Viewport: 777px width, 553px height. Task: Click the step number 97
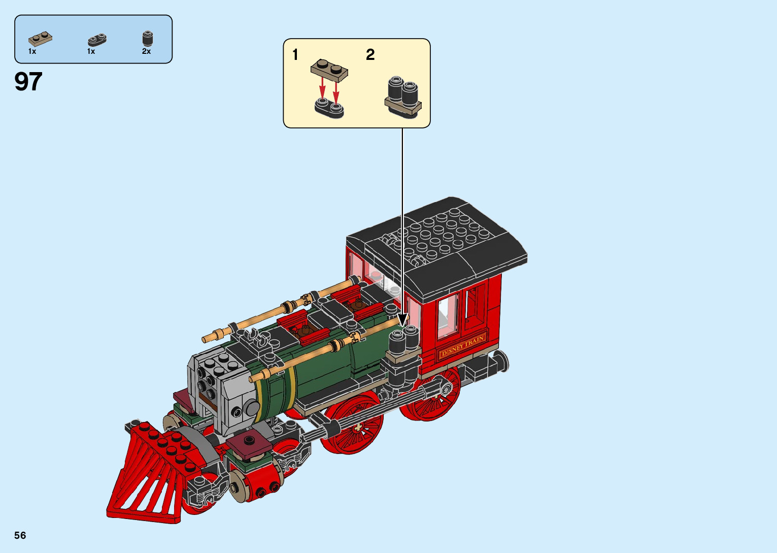(28, 82)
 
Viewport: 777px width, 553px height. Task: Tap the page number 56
(20, 535)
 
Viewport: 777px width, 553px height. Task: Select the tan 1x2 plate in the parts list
(40, 38)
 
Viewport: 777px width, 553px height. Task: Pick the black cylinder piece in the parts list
(147, 39)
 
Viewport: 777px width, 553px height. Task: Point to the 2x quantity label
(146, 51)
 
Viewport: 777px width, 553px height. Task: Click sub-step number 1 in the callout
(295, 54)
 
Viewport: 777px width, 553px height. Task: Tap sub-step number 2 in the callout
(370, 54)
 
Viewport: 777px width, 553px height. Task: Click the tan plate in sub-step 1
(329, 70)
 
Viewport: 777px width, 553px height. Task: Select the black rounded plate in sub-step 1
(329, 107)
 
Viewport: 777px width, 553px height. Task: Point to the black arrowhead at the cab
(402, 320)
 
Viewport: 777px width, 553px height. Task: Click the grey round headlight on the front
(251, 407)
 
